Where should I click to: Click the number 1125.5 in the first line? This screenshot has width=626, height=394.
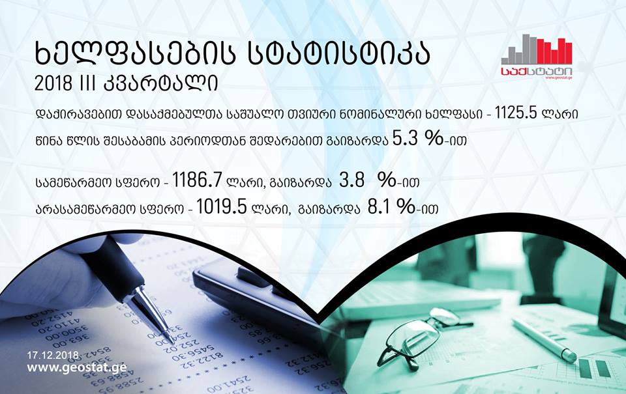point(516,114)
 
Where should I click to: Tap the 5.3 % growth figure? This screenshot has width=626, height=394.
point(418,139)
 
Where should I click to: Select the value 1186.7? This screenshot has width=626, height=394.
point(197,180)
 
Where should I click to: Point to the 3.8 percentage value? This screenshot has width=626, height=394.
point(367,180)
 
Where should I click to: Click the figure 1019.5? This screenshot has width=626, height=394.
point(221,207)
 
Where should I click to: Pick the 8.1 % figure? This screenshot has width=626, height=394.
point(391,207)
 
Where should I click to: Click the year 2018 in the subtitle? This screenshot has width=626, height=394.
point(53,83)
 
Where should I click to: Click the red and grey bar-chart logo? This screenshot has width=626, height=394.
point(537,57)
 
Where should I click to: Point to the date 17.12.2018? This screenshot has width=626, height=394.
point(53,354)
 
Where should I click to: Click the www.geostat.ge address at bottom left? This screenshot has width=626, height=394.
point(77,367)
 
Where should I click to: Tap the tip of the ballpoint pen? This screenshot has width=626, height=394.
point(172,342)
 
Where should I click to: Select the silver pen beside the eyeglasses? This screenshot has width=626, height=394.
point(544,340)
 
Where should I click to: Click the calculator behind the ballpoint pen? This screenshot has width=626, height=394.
point(256,295)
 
